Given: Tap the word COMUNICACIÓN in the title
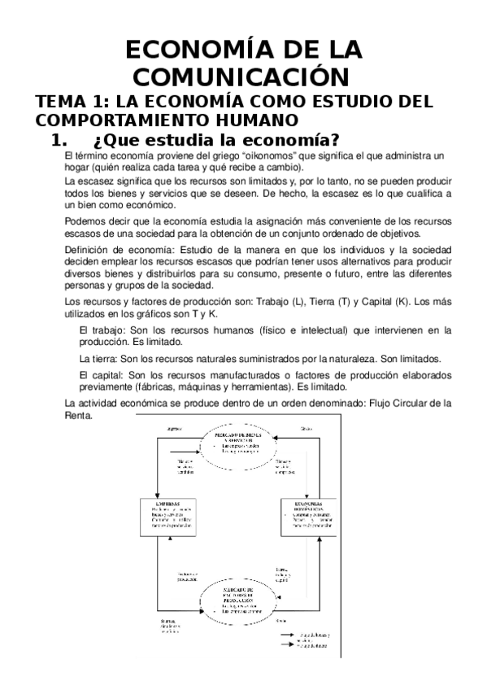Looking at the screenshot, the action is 244,77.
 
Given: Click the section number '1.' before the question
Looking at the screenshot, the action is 63,140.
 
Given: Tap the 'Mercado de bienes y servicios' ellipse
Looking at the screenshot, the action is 245,443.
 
